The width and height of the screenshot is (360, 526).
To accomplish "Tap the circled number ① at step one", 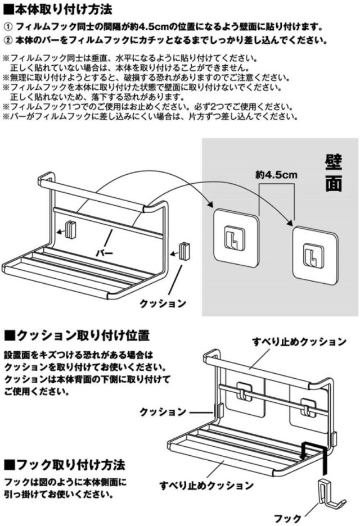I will [x=8, y=27].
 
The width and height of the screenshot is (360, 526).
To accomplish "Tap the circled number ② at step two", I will [x=8, y=41].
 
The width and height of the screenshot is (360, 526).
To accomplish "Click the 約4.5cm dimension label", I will [x=276, y=175].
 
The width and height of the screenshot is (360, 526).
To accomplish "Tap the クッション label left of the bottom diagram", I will [x=163, y=412].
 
